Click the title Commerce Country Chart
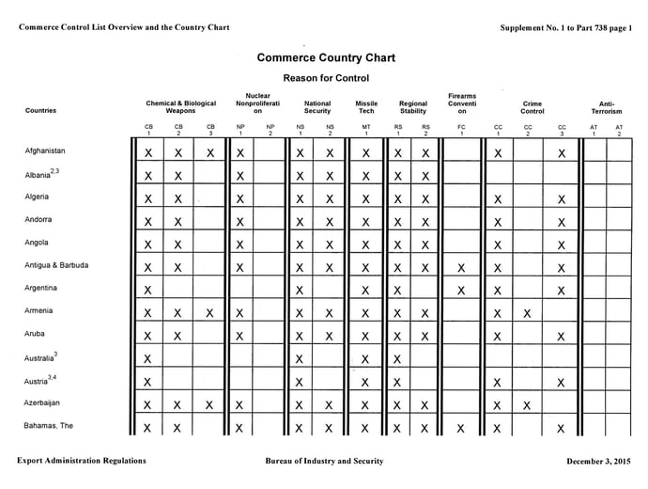tap(326, 57)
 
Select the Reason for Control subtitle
tap(326, 78)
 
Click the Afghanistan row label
tap(45, 150)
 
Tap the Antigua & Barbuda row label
tap(56, 265)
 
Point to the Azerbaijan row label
tap(45, 402)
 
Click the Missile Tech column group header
tap(366, 106)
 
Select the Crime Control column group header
tap(532, 106)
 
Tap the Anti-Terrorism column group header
tap(607, 106)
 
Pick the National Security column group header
tap(317, 106)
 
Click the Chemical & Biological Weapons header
tap(180, 106)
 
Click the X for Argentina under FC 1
tap(461, 291)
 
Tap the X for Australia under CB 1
tap(148, 359)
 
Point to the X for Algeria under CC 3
tap(561, 199)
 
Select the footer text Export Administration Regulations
tap(82, 461)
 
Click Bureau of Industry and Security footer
tap(326, 461)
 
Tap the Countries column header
tap(40, 111)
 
